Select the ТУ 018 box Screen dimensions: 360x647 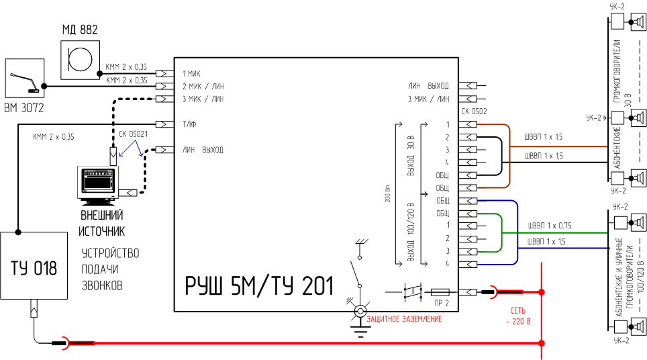click(x=34, y=266)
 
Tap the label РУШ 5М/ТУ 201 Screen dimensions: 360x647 click(x=259, y=285)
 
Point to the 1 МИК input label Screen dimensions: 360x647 click(x=191, y=73)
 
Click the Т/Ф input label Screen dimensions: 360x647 click(x=189, y=124)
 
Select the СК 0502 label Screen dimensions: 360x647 click(x=474, y=111)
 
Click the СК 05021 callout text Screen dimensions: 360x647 click(x=134, y=134)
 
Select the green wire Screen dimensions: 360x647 click(x=550, y=234)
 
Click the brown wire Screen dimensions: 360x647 click(x=550, y=148)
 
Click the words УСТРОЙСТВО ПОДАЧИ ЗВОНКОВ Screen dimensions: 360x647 click(x=110, y=269)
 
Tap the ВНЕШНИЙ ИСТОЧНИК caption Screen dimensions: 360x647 click(x=102, y=224)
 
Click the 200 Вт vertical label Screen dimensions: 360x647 click(x=388, y=195)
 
